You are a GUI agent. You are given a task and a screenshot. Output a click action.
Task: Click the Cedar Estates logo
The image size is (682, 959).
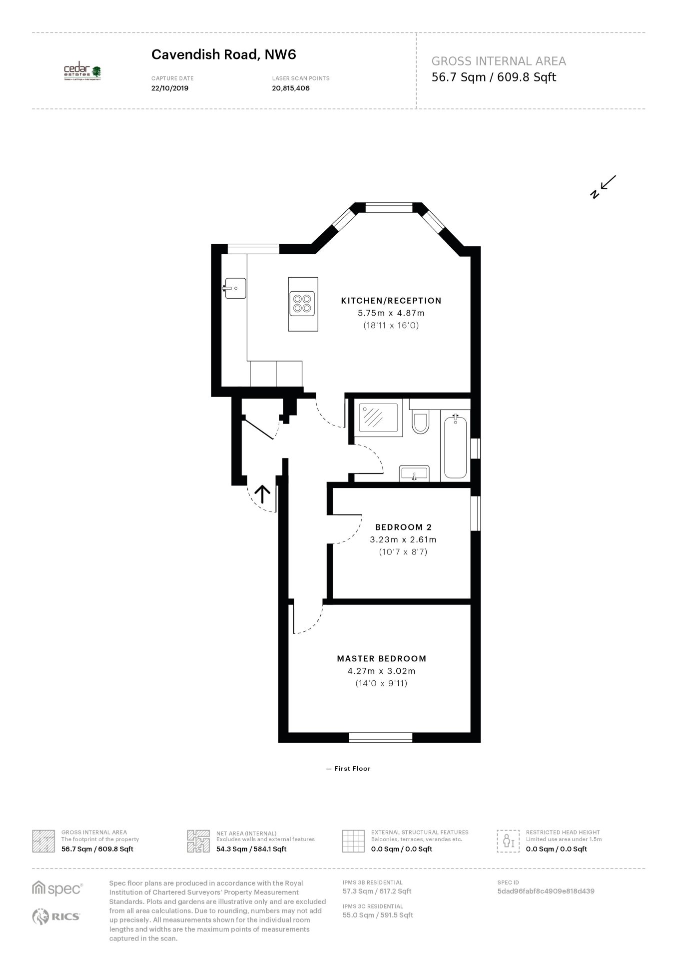coord(82,72)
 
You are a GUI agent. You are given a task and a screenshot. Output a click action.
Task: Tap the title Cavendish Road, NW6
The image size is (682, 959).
coord(224,54)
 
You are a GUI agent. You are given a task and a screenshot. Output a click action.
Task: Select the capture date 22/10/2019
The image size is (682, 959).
coord(170,88)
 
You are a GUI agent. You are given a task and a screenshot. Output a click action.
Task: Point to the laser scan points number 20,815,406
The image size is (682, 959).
coord(291,88)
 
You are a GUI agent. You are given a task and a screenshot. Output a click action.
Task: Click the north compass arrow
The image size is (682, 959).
coord(603,187)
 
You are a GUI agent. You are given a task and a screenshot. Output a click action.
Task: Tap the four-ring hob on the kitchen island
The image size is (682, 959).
coord(303,304)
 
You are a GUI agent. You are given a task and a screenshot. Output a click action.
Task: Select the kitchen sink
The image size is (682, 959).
coord(234,288)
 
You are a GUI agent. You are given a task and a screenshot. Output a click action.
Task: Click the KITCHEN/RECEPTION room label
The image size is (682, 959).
coord(391,301)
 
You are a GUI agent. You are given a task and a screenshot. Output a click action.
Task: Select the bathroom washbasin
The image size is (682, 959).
coord(414,473)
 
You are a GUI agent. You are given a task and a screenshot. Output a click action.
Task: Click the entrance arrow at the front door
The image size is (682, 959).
coord(263,495)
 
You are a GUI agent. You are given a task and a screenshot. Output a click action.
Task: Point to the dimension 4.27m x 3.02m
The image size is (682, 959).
coord(382,671)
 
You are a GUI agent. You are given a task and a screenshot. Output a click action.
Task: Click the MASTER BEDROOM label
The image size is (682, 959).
coord(382,658)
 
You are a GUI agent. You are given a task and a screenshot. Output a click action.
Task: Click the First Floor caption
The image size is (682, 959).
coord(348,768)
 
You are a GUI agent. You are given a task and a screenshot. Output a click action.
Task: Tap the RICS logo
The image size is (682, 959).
coord(56,916)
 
